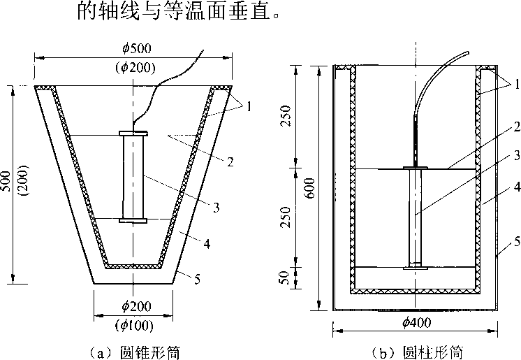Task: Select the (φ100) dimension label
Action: pos(133,324)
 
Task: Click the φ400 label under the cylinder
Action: pos(418,322)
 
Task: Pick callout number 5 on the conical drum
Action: pos(198,280)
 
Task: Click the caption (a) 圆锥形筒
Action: pos(133,351)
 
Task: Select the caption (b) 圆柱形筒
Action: pos(418,351)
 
